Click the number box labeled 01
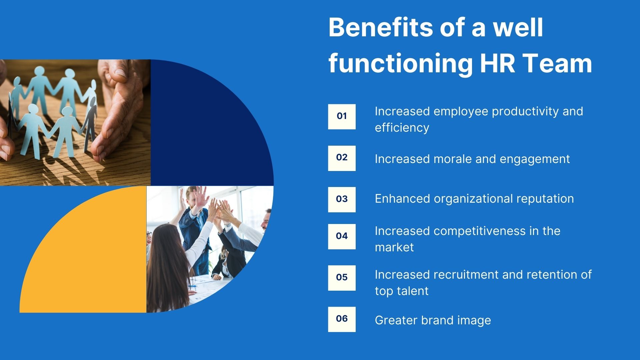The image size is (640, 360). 342,116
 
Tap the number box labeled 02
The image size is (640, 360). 342,158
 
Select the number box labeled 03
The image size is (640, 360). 342,199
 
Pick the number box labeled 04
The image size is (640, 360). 342,236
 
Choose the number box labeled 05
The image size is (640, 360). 342,278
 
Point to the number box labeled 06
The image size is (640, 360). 342,319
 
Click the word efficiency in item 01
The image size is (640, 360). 402,128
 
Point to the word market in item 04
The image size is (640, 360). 394,247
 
